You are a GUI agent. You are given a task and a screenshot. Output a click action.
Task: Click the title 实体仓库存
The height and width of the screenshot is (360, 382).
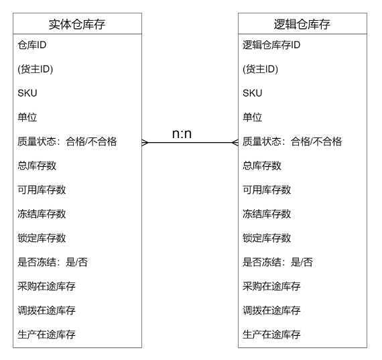coord(77,24)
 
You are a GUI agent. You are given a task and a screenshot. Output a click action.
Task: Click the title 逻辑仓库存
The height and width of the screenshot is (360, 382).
coord(302,24)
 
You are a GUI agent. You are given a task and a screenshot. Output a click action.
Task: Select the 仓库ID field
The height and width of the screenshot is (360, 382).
coord(32,45)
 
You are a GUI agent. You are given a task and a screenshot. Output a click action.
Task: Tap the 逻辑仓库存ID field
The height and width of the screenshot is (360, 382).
coord(271,45)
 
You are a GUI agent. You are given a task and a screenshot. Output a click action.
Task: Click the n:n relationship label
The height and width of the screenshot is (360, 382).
coord(182,133)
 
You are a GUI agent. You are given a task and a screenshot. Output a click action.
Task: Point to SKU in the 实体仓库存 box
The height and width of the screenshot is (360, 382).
coord(27,93)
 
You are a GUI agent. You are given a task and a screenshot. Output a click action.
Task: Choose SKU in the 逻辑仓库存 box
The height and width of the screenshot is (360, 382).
coord(253,93)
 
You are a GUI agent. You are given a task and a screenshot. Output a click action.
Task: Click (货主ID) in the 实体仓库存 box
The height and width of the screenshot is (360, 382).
coord(36,69)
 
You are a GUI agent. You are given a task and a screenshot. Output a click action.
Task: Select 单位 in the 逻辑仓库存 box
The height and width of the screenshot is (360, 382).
coord(253,117)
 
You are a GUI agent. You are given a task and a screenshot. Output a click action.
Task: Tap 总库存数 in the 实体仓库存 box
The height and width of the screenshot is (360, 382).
coord(37,166)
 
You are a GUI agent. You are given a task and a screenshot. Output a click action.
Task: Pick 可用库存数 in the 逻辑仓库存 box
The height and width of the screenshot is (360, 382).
coord(267,190)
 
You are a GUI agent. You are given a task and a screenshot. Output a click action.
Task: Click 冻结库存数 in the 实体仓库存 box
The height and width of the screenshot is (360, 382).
coord(42,214)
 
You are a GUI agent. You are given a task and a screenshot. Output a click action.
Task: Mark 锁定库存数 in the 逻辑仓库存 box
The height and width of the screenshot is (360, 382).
coord(267,238)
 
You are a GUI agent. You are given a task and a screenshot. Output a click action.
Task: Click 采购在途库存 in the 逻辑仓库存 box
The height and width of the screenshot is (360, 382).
coord(271,286)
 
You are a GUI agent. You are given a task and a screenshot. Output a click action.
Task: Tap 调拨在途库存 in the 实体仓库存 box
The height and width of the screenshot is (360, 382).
coord(46,310)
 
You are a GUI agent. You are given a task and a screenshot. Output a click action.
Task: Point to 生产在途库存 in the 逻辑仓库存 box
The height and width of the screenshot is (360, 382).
coord(271,335)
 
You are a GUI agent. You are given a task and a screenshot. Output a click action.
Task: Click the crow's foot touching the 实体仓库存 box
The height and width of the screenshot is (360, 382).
coord(145,143)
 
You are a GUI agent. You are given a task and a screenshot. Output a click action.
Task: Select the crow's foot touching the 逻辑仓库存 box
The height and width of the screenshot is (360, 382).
coord(235,143)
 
